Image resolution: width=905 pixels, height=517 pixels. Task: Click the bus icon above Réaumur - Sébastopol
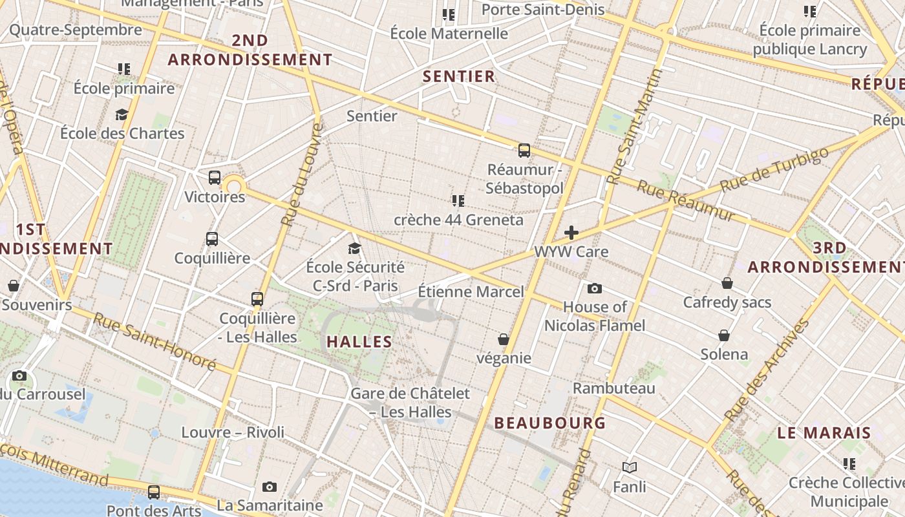click(x=524, y=151)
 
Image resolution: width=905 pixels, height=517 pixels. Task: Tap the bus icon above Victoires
click(x=215, y=178)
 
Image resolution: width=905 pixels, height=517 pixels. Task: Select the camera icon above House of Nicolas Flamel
click(x=595, y=288)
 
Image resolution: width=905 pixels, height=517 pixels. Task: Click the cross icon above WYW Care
click(x=571, y=233)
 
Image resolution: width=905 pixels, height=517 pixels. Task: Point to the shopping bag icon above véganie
click(x=504, y=339)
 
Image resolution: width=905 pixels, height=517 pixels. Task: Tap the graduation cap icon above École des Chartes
click(x=122, y=115)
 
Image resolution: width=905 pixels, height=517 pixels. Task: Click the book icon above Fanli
click(x=629, y=467)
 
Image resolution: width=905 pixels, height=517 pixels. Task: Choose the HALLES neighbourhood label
click(x=359, y=342)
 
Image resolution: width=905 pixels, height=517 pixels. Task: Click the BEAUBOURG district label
click(x=550, y=423)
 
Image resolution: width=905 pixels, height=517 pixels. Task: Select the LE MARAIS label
click(x=824, y=433)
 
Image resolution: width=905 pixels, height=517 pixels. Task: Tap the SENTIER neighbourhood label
click(x=459, y=76)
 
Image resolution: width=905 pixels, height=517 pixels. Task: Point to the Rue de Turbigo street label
click(x=774, y=169)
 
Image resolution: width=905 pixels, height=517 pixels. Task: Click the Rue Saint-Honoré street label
click(x=154, y=342)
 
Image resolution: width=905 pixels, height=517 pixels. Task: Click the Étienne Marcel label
click(x=471, y=291)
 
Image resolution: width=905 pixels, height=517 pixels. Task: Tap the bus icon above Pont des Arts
click(x=154, y=492)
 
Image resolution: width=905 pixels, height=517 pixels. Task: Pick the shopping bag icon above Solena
click(x=724, y=335)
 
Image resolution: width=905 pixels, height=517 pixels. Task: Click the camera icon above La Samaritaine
click(x=270, y=487)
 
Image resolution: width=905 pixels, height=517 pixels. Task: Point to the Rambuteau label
click(x=614, y=388)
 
